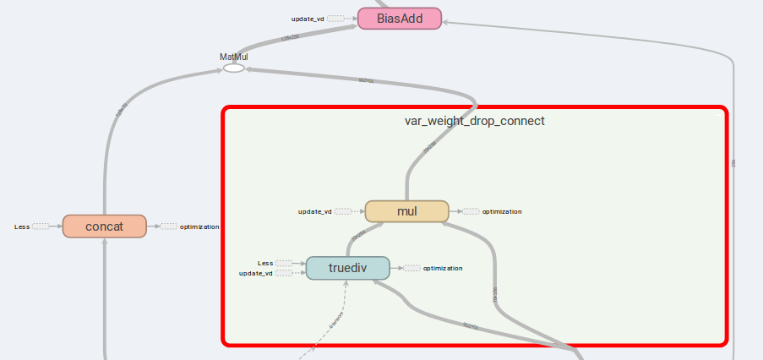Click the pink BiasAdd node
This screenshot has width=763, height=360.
399,18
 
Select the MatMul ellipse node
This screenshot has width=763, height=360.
233,68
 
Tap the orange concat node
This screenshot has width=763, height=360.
104,226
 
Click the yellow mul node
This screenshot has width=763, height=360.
406,211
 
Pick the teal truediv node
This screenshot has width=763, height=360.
347,268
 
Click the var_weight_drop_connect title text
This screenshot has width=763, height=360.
474,121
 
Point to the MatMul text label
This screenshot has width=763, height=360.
233,57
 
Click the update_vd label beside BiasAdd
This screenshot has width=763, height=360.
308,18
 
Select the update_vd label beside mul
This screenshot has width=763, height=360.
314,211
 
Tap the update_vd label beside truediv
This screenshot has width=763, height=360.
255,273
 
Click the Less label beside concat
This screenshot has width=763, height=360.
22,226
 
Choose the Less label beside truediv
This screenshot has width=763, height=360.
265,263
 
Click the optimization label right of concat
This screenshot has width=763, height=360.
199,226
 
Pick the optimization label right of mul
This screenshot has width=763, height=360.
502,211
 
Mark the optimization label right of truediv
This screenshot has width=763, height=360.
443,268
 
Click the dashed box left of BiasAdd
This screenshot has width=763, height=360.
336,18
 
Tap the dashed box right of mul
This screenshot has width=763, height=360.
471,211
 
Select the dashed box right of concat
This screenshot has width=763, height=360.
168,226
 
